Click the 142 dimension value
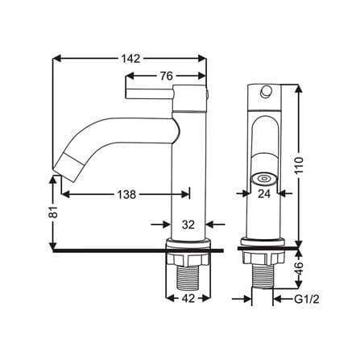[130, 59]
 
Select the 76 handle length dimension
[167, 76]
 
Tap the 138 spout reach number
[126, 194]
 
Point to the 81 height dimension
[54, 212]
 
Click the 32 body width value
[188, 225]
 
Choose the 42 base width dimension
[188, 298]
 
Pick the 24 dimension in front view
[264, 193]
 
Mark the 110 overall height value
[299, 165]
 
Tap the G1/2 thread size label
[307, 299]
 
